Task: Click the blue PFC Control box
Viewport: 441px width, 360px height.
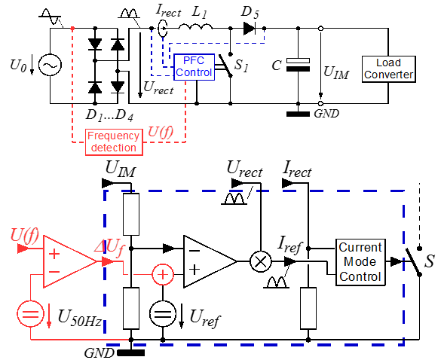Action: (x=194, y=67)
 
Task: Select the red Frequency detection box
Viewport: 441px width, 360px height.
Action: (x=114, y=142)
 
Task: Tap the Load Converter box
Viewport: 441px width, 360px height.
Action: (x=389, y=69)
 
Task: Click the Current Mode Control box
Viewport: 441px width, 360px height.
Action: (x=360, y=262)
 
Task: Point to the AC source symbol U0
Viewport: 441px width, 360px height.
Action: (x=50, y=66)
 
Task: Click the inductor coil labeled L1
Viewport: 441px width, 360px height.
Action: (x=195, y=26)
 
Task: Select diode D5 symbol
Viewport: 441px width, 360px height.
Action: (x=250, y=29)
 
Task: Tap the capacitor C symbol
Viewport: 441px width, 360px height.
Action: (x=298, y=65)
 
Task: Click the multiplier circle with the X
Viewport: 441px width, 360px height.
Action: (x=260, y=261)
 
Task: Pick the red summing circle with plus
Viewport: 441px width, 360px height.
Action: (x=163, y=274)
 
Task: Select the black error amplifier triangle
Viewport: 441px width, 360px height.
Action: (x=210, y=261)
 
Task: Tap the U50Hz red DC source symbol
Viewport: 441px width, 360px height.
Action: (x=31, y=314)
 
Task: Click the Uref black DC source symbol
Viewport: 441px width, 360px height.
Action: (x=163, y=314)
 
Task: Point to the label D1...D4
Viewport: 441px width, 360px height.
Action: (x=109, y=115)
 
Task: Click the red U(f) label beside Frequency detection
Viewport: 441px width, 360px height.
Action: (x=161, y=132)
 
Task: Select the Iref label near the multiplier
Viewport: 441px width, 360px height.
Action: (x=289, y=244)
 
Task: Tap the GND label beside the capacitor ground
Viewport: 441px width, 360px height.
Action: (x=326, y=114)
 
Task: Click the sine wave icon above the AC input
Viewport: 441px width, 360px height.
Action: (x=50, y=17)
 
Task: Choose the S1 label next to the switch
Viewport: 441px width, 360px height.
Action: (x=242, y=66)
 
